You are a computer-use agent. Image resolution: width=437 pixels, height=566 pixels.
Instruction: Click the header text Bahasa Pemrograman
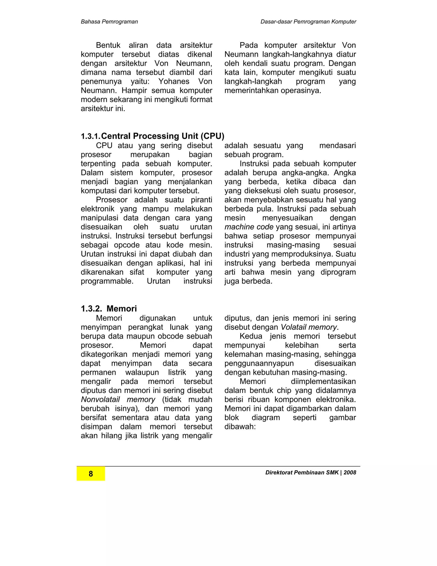[109, 22]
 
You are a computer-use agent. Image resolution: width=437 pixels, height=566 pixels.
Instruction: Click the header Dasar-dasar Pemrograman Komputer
[308, 22]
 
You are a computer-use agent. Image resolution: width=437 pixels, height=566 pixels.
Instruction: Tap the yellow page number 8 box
[91, 474]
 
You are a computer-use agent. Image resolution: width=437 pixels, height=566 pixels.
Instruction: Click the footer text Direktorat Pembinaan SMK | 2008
[311, 472]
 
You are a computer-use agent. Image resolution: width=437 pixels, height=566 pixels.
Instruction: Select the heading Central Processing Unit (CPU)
[163, 136]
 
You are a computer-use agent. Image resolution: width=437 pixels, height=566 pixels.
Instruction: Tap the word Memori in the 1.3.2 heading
[121, 308]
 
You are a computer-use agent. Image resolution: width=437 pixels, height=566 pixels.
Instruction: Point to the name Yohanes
[174, 81]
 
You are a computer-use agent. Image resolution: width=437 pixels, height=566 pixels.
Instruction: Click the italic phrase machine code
[249, 227]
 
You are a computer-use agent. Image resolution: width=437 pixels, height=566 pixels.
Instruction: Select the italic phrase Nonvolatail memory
[118, 399]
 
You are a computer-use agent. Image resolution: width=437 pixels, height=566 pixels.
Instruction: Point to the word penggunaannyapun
[259, 363]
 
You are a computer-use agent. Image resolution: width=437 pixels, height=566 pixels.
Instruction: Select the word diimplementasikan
[323, 381]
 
